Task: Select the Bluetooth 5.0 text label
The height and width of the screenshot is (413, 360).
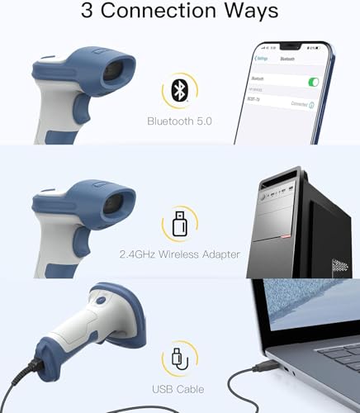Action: tap(180, 121)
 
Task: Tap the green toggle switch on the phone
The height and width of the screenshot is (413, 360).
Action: tap(312, 82)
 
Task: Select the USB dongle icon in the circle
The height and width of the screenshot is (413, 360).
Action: tap(180, 222)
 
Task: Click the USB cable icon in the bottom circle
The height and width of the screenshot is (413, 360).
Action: tap(180, 357)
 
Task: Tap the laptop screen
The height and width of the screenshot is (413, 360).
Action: tap(314, 318)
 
